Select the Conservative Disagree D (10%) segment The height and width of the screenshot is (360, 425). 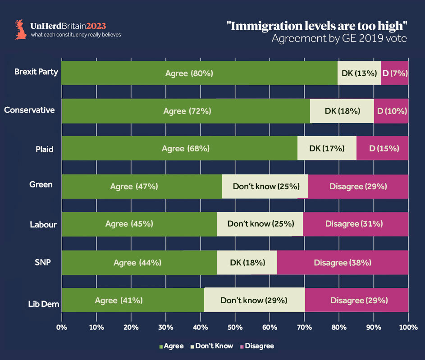pyautogui.click(x=391, y=111)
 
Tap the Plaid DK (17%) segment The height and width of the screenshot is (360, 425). pyautogui.click(x=327, y=148)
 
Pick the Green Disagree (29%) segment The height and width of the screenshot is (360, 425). pyautogui.click(x=358, y=187)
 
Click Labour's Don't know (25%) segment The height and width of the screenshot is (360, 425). pyautogui.click(x=260, y=223)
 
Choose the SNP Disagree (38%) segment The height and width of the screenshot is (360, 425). pyautogui.click(x=343, y=263)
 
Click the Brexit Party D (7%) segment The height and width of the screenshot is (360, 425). pyautogui.click(x=394, y=73)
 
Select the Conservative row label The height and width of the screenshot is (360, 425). pyautogui.click(x=29, y=110)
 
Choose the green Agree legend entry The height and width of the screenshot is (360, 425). pyautogui.click(x=172, y=346)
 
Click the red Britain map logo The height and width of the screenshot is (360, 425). pyautogui.click(x=21, y=29)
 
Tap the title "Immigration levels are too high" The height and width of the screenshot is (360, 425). pyautogui.click(x=317, y=26)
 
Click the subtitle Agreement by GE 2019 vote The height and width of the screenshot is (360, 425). pyautogui.click(x=339, y=39)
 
